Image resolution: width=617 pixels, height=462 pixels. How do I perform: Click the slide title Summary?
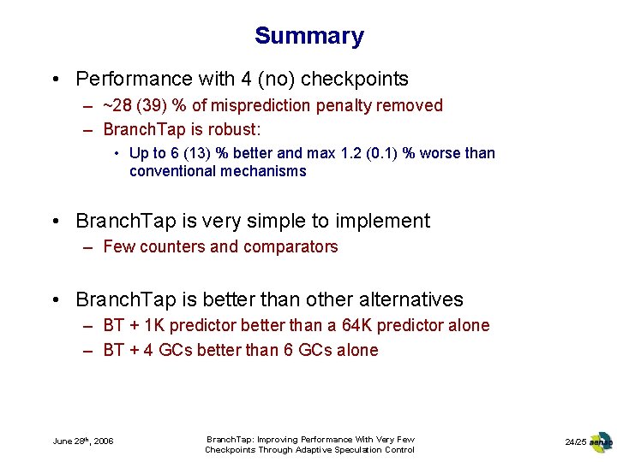coord(308,36)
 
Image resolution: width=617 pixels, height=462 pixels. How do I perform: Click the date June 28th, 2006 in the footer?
coord(83,441)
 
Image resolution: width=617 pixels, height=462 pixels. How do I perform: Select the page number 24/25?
coord(575,441)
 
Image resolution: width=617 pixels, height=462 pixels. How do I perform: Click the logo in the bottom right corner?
coord(602,441)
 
